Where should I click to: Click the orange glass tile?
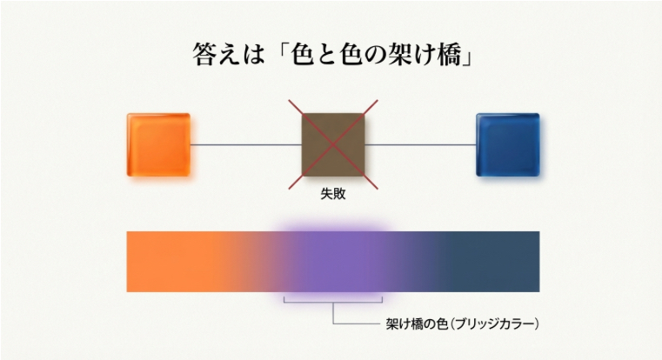(x=158, y=144)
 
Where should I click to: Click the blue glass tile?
(x=508, y=144)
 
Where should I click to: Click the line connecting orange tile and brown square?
(x=245, y=144)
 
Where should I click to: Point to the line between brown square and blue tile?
(x=420, y=144)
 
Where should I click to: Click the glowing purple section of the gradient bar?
(x=333, y=261)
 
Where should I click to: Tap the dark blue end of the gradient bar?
(x=513, y=261)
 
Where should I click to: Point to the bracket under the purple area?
(x=333, y=302)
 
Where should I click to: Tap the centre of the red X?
(x=333, y=144)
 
